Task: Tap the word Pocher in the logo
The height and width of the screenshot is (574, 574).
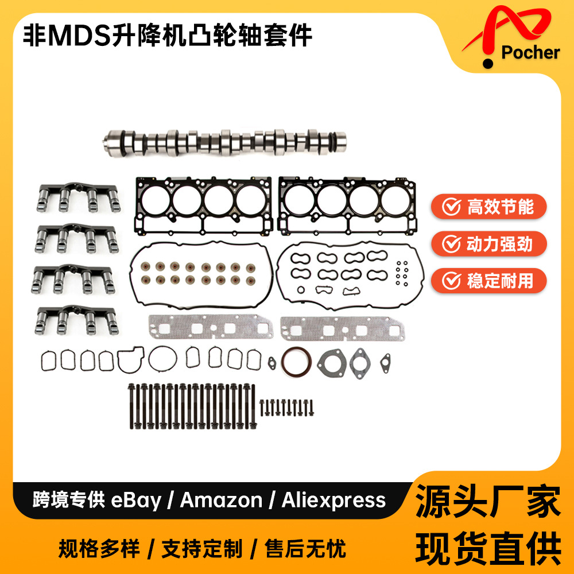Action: click(530, 53)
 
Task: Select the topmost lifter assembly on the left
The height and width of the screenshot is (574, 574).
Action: click(77, 197)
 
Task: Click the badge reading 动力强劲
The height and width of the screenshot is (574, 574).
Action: click(489, 244)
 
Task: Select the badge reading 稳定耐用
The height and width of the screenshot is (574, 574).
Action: click(489, 281)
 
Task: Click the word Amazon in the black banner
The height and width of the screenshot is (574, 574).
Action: click(221, 501)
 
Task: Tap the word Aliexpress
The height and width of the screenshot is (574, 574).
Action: click(333, 501)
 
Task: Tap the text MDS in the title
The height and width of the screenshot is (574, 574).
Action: click(73, 36)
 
